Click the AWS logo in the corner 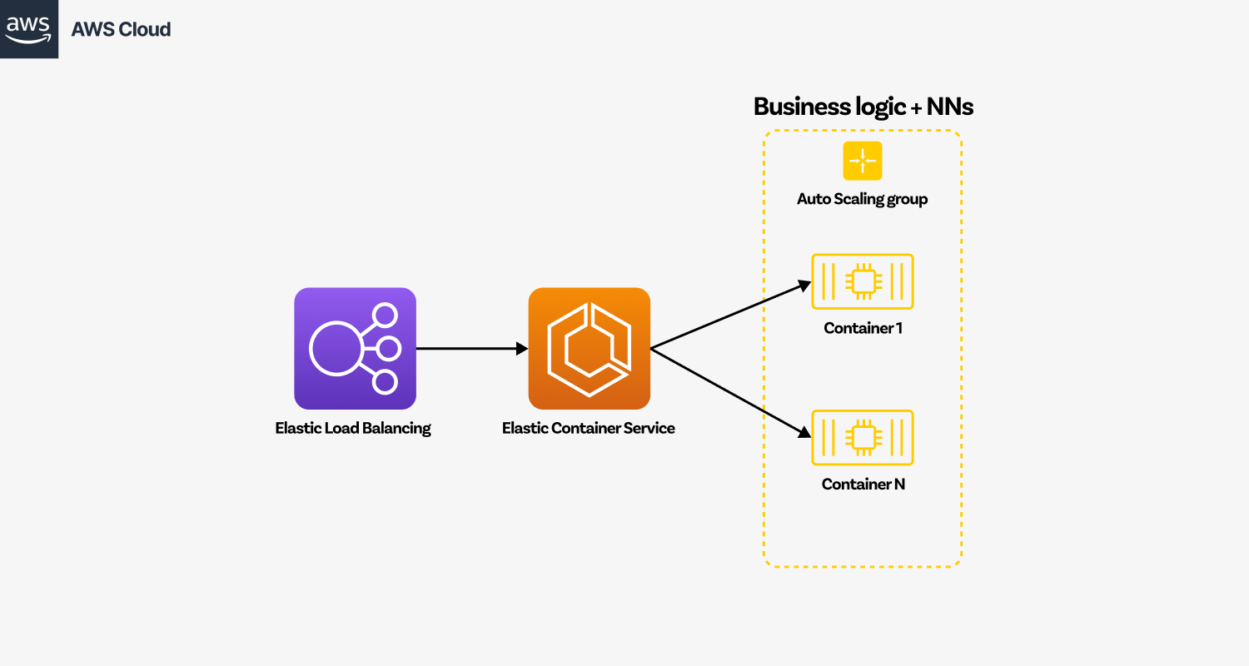point(29,29)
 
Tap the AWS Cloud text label point(121,29)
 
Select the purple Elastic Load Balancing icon point(355,348)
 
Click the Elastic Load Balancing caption point(353,429)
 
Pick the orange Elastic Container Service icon point(589,348)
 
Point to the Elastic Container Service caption point(588,429)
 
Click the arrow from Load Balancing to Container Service point(471,349)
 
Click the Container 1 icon point(863,281)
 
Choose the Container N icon point(863,437)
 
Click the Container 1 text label point(863,328)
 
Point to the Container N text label point(863,484)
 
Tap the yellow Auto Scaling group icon point(863,161)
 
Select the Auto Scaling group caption point(862,199)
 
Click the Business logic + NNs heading point(863,107)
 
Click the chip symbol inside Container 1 point(863,281)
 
